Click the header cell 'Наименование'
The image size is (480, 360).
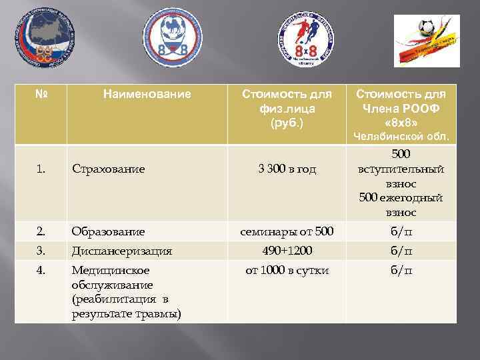coord(147,95)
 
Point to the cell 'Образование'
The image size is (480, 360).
coord(108,232)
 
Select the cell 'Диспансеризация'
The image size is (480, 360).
coord(122,251)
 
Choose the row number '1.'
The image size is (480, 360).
coord(41,169)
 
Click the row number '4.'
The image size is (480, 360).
coord(41,271)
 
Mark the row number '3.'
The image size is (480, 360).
coord(41,251)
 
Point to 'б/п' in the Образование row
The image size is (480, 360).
coord(400,232)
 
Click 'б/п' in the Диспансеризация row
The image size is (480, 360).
coord(400,251)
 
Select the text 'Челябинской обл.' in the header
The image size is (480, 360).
coord(401,137)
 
